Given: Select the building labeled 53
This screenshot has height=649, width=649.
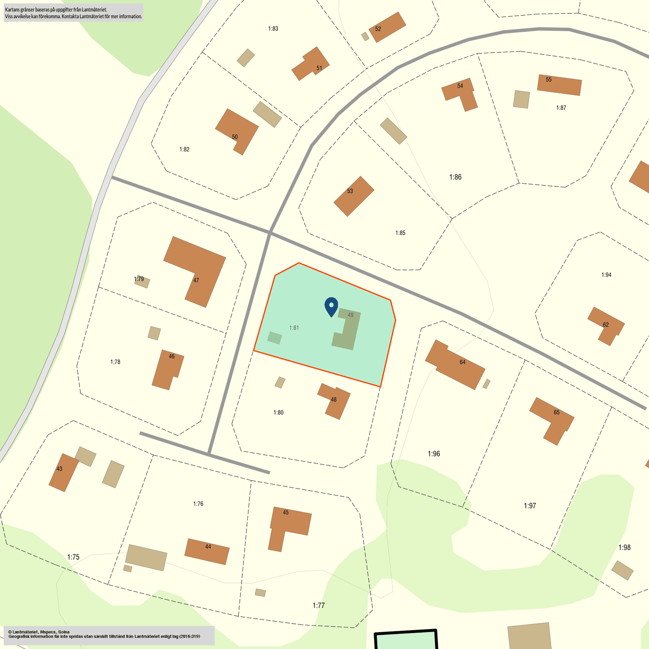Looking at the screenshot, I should coord(354,196).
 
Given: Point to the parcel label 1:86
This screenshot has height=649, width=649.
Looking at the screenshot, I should coord(455,177).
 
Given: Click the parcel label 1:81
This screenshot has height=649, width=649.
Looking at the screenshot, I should coord(294,328).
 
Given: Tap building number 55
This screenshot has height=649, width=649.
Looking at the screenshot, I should coord(559,85).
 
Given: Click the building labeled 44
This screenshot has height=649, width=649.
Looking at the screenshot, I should coord(207,551).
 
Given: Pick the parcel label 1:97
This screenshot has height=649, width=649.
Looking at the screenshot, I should coord(529,505).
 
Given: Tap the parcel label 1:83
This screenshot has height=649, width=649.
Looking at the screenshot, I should coord(273,28).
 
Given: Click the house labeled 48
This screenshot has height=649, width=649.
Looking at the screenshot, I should coord(334,401).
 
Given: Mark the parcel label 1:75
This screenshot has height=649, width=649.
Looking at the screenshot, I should coord(73,557).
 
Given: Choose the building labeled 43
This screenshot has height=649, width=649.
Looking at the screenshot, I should coord(63,472).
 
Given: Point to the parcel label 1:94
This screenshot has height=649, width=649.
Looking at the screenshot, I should coord(606,275).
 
